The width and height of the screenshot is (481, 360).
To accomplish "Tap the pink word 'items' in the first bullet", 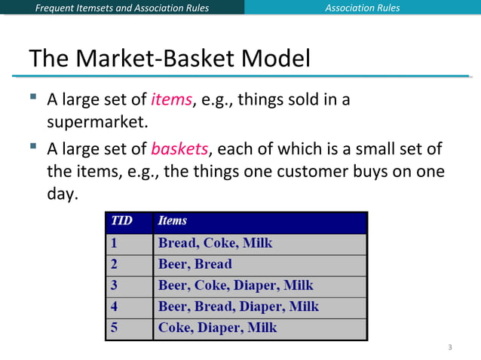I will point(171,99).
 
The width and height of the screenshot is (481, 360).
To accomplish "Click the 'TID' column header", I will point(121,221).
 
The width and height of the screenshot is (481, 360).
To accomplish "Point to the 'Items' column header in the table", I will point(173,221).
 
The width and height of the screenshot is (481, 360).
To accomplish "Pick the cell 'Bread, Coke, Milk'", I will point(215,243).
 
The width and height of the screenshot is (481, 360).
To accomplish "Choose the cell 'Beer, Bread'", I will point(195,264).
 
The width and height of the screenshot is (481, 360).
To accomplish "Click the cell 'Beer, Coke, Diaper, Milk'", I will point(235,285).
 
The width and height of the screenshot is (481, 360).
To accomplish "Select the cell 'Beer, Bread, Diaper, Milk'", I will point(238,307).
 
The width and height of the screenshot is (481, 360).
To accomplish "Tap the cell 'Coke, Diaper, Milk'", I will point(217,328).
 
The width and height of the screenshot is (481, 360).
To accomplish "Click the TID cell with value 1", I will point(115,243).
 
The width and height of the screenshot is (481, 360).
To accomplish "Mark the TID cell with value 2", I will point(115,264).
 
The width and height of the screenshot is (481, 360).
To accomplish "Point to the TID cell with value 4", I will point(115,307).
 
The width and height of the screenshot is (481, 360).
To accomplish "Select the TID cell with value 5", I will point(115,328).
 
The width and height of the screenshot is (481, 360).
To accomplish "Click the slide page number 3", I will point(449,347).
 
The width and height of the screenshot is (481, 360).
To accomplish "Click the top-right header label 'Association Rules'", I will point(362,8).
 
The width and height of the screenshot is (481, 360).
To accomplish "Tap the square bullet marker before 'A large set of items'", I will point(34,98).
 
